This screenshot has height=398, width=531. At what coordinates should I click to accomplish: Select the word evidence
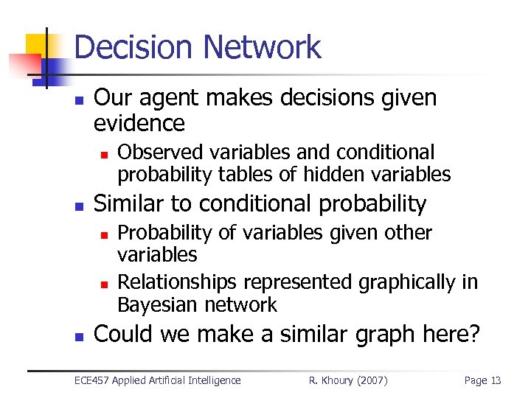tap(139, 122)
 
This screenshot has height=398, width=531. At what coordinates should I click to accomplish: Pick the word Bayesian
tap(153, 304)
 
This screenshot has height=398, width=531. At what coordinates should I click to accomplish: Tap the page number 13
tap(493, 380)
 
